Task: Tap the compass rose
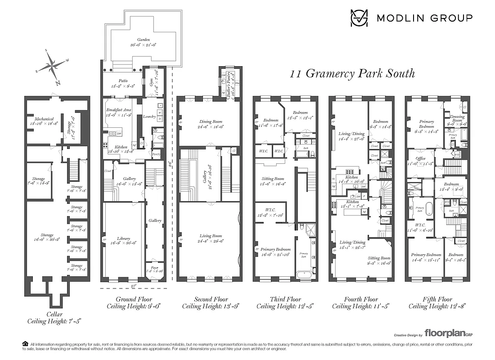pyautogui.click(x=53, y=67)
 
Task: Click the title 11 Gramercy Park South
pyautogui.click(x=352, y=73)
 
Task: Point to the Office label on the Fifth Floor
pyautogui.click(x=420, y=158)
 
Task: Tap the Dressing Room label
pyautogui.click(x=457, y=119)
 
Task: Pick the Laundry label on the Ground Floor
pyautogui.click(x=149, y=117)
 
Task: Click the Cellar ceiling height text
pyautogui.click(x=54, y=321)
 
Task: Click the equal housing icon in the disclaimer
pyautogui.click(x=25, y=344)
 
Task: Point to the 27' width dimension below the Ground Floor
pyautogui.click(x=133, y=285)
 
